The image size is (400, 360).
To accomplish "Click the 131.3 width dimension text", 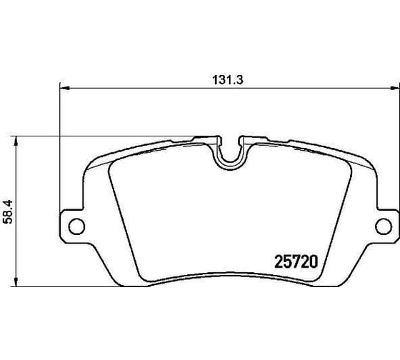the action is pyautogui.click(x=228, y=80).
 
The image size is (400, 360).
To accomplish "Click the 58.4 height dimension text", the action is pyautogui.click(x=7, y=212).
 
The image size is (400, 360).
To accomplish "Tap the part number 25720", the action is pyautogui.click(x=296, y=261).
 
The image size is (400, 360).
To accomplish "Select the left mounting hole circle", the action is pyautogui.click(x=76, y=226).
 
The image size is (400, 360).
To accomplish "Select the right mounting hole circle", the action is pyautogui.click(x=384, y=226).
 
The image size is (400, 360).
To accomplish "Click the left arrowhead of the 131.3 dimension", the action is pyautogui.click(x=64, y=89).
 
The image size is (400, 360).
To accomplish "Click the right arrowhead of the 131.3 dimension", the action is pyautogui.click(x=395, y=89).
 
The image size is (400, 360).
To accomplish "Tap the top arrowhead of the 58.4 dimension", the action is pyautogui.click(x=16, y=141).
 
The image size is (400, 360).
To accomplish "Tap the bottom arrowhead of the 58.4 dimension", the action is pyautogui.click(x=16, y=281).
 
